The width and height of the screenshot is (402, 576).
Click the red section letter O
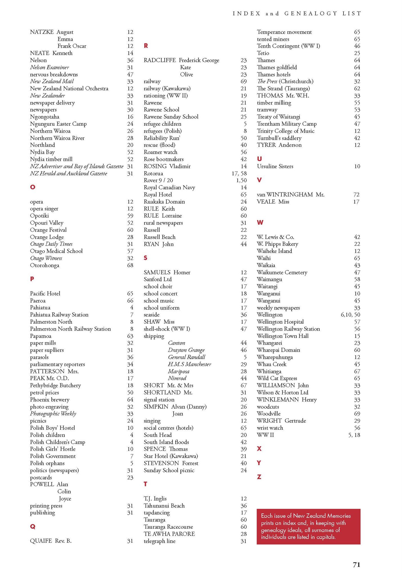[33, 187]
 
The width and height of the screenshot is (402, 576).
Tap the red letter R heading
[146, 46]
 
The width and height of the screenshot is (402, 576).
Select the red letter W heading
[260, 222]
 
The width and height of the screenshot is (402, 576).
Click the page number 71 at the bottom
[356, 564]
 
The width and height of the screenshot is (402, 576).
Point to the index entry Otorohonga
[45, 265]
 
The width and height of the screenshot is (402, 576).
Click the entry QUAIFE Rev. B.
[51, 541]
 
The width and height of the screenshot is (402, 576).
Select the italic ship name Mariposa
[179, 371]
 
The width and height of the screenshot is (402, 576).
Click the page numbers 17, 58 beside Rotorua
[239, 173]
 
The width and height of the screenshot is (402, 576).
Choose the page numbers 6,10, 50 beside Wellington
[350, 315]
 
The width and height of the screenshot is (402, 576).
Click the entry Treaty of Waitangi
[279, 117]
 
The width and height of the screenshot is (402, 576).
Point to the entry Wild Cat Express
[277, 378]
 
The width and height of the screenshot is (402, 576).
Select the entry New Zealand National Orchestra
[69, 88]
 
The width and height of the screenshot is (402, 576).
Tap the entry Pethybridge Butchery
[55, 385]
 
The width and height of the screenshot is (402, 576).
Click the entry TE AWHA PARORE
[169, 534]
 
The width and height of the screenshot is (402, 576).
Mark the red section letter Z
[259, 477]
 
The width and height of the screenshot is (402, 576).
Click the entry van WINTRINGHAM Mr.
[291, 194]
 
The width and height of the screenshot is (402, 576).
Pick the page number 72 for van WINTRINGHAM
[356, 194]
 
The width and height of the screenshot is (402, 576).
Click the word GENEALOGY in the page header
[311, 13]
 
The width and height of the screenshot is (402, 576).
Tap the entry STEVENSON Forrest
[171, 463]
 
